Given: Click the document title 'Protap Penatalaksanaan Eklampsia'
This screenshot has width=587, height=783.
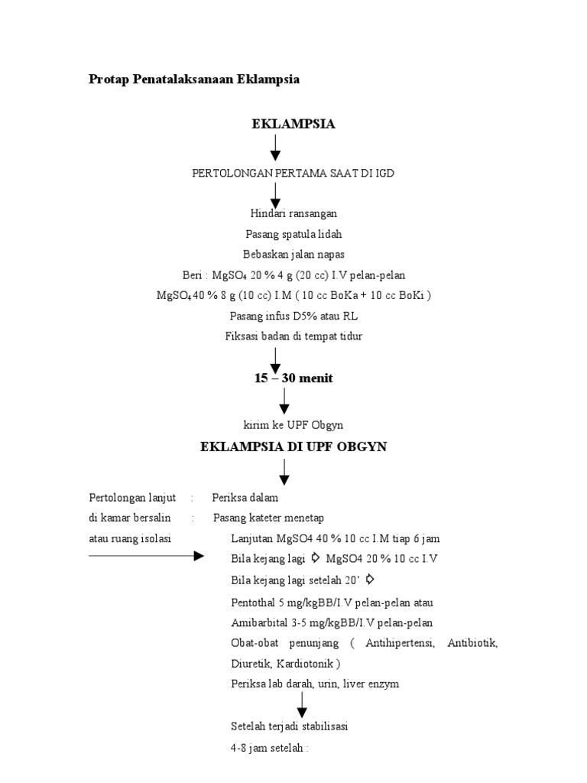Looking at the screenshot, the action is point(194,80).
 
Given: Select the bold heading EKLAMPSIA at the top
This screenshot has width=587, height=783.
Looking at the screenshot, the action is point(293,124).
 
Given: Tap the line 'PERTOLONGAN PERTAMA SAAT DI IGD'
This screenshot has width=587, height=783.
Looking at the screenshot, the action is point(293,174).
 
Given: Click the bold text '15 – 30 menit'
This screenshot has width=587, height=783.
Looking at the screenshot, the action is point(293,379).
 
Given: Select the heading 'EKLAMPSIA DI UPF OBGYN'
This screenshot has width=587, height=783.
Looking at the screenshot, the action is point(293,447).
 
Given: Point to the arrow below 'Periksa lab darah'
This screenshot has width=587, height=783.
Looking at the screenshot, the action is point(302,704).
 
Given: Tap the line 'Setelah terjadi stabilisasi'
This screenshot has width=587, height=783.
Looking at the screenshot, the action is point(289,726).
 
